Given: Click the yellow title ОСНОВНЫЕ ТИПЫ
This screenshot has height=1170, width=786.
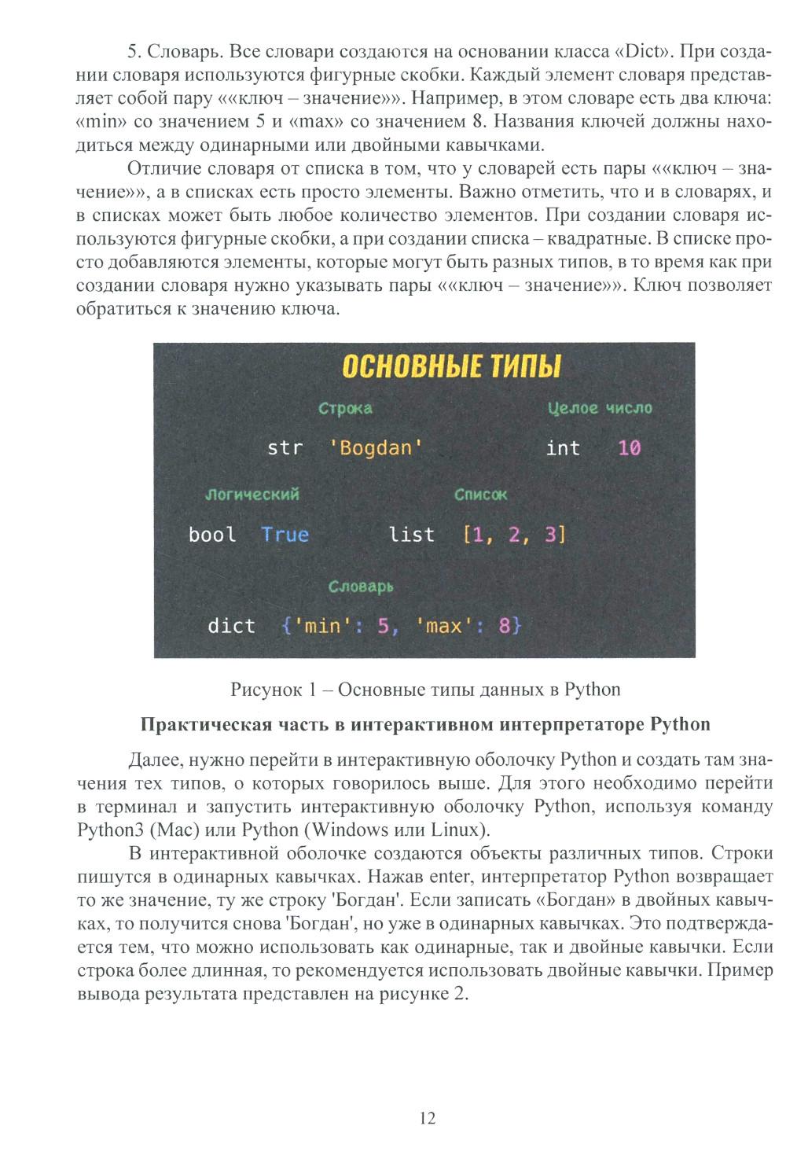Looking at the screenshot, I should coord(452,367).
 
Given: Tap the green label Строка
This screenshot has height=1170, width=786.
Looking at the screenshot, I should coord(345,409).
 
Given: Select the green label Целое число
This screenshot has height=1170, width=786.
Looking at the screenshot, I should coord(600,408).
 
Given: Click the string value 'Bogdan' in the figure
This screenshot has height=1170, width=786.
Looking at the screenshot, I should coord(376,448).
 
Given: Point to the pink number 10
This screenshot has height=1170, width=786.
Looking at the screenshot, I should coord(629,448).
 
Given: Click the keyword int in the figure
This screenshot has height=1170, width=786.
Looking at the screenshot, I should coord(563,448).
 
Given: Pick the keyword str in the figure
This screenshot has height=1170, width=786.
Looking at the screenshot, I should coord(285,448).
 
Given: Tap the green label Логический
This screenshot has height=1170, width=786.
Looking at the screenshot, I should coord(252,495).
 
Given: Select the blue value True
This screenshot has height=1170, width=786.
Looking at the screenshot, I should coord(285,535).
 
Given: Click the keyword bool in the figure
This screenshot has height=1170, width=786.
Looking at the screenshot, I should coord(212,535).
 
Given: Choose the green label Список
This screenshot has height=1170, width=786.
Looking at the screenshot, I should coord(480,495).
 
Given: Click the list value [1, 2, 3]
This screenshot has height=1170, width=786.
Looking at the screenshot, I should coord(515,535).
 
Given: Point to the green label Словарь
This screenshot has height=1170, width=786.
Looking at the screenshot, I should coord(361,587).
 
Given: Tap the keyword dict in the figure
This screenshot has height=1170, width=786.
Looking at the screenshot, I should coord(231,626).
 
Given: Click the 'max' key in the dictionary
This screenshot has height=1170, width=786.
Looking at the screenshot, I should coord(443,626).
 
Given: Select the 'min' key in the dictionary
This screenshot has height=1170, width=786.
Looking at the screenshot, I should coord(322,626).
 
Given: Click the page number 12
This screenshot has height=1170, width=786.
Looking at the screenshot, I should coord(428,1118).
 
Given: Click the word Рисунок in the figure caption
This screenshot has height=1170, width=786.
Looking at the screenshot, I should coord(266,690).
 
